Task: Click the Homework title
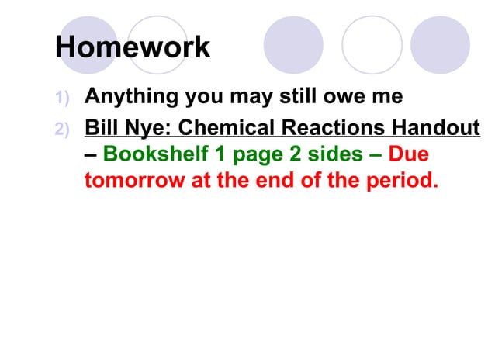133,47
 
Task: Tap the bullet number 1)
63,99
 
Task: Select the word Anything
131,98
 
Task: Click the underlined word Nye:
149,126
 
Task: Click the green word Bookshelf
155,154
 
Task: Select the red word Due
408,154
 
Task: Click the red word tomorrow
127,182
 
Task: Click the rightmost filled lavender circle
440,45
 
